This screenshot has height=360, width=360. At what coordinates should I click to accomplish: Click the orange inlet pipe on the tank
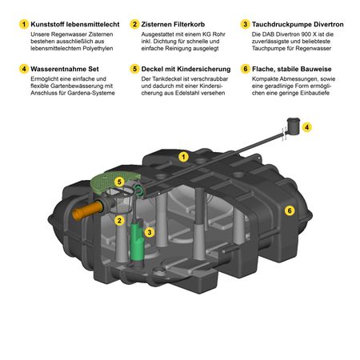[87, 210]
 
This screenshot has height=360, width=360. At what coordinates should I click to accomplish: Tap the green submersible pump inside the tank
[137, 242]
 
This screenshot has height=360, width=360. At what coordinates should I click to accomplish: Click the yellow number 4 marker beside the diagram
[307, 127]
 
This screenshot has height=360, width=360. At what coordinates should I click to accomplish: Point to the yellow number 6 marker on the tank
[290, 210]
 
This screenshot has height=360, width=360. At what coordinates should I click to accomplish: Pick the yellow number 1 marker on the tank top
[183, 157]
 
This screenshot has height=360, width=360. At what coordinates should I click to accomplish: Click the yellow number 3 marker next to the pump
[150, 232]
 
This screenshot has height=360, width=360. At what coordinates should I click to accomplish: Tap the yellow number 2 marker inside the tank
[119, 221]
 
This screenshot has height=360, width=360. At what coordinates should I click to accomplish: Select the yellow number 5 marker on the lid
[119, 182]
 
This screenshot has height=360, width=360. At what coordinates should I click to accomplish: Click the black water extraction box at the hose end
[294, 126]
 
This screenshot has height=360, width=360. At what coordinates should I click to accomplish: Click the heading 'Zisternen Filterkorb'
[173, 24]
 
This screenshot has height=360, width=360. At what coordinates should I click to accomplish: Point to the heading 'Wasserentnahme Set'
[65, 69]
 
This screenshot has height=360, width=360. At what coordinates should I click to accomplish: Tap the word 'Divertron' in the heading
[329, 24]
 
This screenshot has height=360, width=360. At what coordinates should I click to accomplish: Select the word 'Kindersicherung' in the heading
[204, 69]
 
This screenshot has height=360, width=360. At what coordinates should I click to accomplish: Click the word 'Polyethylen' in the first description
[98, 49]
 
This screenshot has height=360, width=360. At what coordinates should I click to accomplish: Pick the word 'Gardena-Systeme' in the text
[91, 93]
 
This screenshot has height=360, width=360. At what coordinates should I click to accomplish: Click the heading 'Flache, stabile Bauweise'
[292, 69]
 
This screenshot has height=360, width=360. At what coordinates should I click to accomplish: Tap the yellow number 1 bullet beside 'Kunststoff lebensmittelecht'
[24, 24]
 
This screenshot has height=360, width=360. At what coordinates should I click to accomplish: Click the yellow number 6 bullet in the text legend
[245, 69]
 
